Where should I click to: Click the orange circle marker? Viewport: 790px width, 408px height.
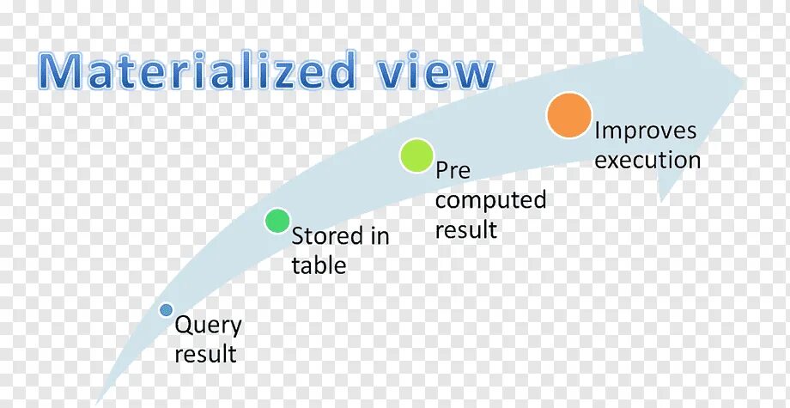click(569, 116)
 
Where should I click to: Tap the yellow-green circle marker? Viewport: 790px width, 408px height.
click(416, 155)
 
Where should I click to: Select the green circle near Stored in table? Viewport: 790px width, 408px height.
click(277, 221)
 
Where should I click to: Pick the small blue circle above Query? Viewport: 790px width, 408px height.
click(166, 309)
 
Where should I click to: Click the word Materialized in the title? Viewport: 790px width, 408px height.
click(196, 70)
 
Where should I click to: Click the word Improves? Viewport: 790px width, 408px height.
click(646, 131)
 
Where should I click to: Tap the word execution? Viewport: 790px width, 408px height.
click(647, 160)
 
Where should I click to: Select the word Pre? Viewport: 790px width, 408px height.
click(453, 171)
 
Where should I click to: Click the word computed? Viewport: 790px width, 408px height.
click(490, 201)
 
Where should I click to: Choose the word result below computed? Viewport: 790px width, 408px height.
click(465, 229)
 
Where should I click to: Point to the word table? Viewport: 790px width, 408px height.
click(319, 265)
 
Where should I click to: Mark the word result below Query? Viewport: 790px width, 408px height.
click(205, 354)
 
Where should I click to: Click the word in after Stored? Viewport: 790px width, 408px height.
click(380, 235)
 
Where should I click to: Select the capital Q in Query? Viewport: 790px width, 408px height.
click(183, 326)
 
